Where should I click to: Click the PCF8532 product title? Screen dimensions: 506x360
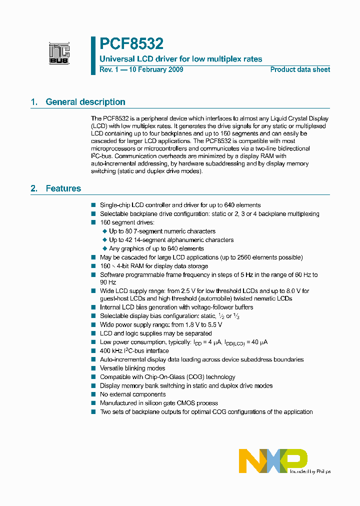tap(131, 44)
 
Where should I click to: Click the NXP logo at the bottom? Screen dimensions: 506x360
tap(272, 460)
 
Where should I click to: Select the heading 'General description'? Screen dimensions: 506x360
tap(85, 102)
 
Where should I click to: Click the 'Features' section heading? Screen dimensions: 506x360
tap(63, 188)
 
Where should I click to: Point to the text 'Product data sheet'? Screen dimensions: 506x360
tap(300, 69)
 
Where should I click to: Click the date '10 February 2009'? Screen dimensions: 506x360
tap(156, 69)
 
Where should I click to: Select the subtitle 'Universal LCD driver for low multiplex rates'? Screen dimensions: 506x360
tap(181, 59)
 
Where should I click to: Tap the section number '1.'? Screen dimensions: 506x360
tap(34, 102)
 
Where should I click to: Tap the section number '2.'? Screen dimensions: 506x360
tap(34, 188)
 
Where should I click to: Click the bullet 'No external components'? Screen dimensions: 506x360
tap(133, 394)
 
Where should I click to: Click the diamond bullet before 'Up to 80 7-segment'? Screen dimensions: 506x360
tap(104, 231)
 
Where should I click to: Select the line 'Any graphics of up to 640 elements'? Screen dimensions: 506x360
tap(156, 248)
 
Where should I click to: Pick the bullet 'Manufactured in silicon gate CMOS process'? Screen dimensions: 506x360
tap(158, 403)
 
